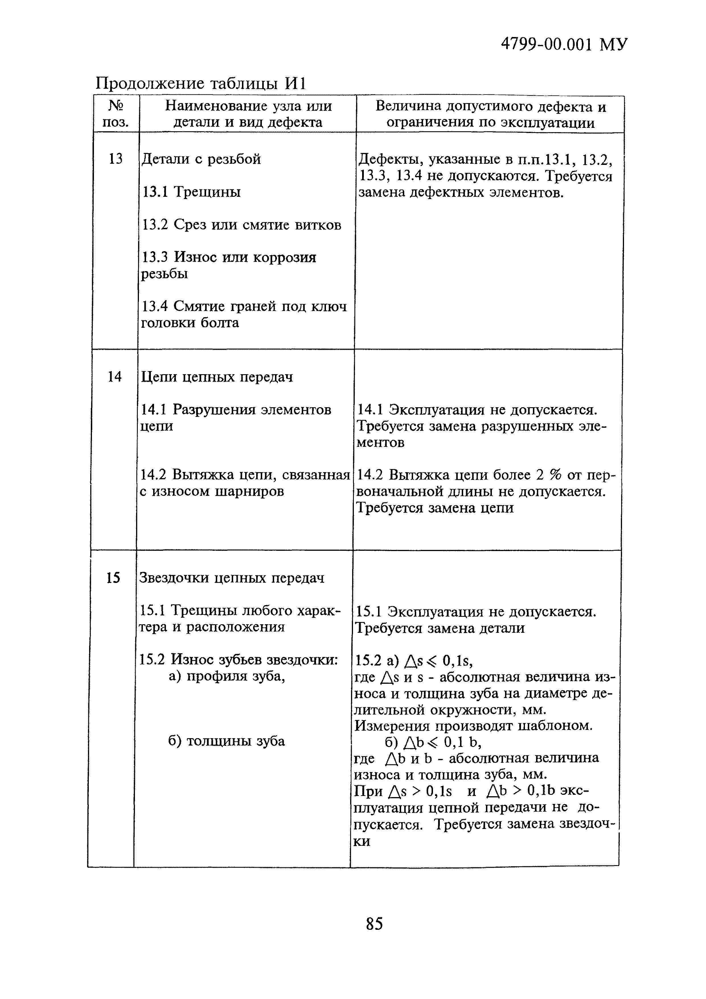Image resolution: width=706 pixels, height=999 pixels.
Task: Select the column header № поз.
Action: click(116, 114)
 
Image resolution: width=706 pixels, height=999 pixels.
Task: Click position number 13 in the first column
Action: click(115, 159)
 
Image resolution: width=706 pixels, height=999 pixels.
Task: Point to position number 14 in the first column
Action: click(114, 377)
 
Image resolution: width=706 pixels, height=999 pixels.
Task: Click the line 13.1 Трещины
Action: click(191, 192)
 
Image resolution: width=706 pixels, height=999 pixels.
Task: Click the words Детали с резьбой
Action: click(201, 159)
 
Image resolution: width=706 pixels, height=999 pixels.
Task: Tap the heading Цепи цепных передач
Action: click(217, 377)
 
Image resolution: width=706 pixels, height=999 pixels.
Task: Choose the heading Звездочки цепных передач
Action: click(231, 578)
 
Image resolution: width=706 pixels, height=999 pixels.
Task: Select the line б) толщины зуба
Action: click(226, 741)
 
